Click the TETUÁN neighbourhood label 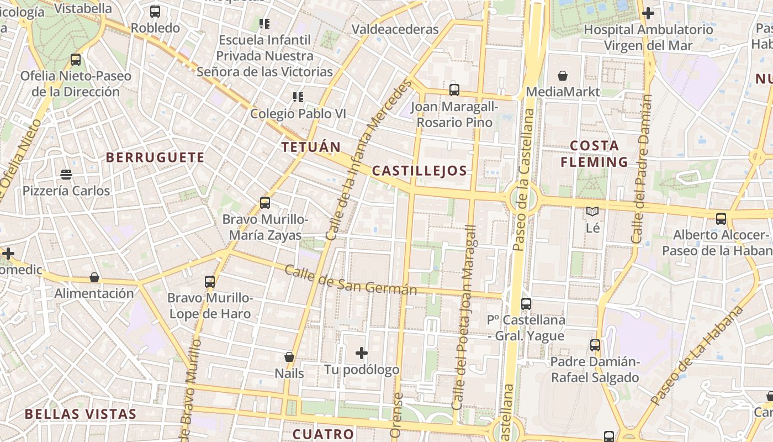click(311, 147)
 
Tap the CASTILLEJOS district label click(420, 171)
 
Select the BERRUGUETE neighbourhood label click(155, 157)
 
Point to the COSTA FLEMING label click(594, 154)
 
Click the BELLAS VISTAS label click(81, 414)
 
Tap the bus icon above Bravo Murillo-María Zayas click(265, 203)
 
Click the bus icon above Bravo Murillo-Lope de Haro click(210, 282)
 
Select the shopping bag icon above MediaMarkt click(563, 76)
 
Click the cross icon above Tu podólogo click(362, 352)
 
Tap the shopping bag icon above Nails click(289, 357)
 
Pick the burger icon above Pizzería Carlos click(66, 175)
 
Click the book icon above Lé click(592, 211)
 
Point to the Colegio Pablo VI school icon click(298, 98)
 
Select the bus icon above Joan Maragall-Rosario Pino click(454, 90)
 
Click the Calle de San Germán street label click(350, 280)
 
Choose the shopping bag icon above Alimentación click(94, 277)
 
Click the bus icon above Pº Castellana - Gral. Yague click(526, 303)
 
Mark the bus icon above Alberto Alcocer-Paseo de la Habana click(721, 218)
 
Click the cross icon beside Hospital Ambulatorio click(648, 13)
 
